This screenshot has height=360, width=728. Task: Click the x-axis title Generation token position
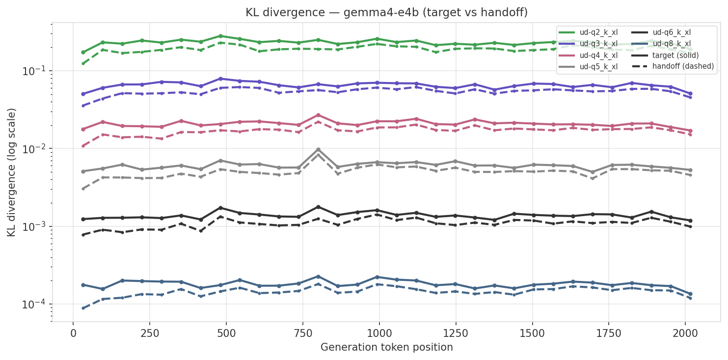click(x=386, y=348)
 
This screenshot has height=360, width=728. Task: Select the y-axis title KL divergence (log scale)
click(x=12, y=172)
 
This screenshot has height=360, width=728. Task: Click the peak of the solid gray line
click(x=318, y=149)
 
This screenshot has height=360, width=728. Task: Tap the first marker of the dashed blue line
click(x=83, y=308)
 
